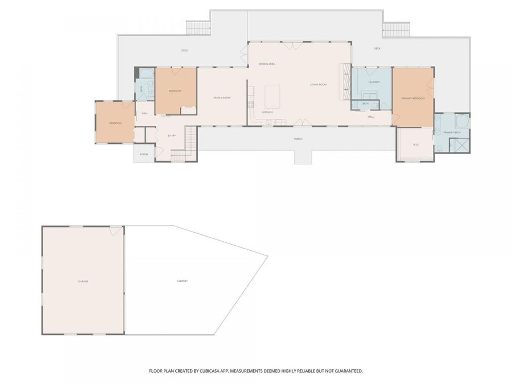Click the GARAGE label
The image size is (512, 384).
point(83,282)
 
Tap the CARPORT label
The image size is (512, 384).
point(182,282)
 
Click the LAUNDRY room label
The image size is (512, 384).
point(374,82)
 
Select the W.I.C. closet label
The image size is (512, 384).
point(415,143)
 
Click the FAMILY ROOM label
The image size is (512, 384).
point(221,98)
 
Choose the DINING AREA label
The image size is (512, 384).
point(267,64)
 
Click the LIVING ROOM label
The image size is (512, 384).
point(318,85)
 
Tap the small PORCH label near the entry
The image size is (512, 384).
point(144,154)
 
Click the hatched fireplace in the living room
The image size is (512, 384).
point(344,81)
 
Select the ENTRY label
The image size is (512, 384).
point(171,135)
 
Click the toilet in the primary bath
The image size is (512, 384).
point(440,148)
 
